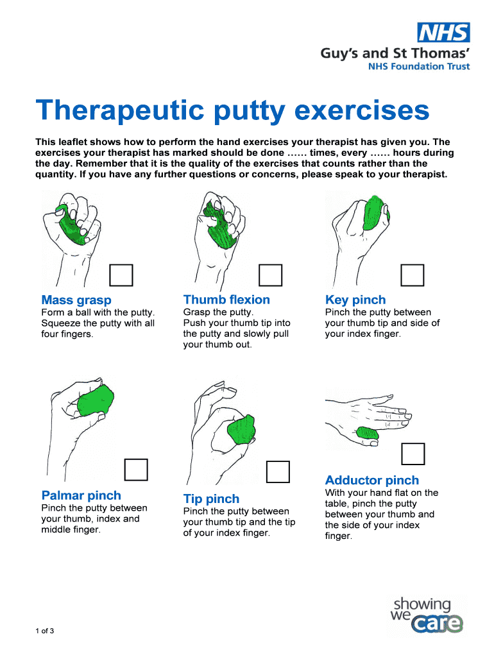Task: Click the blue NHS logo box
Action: click(443, 32)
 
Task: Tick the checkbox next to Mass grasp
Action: click(121, 275)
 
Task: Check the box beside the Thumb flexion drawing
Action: click(270, 275)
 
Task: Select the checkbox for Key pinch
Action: click(413, 275)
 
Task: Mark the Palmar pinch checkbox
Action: click(136, 470)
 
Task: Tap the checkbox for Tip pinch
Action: click(278, 472)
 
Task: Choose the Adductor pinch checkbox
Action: click(413, 454)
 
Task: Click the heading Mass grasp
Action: click(76, 300)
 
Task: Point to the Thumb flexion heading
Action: click(226, 300)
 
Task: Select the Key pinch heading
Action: click(355, 300)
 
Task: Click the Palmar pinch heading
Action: click(81, 495)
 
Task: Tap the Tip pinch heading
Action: click(211, 499)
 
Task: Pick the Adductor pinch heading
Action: click(372, 480)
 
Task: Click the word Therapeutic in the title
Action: click(120, 110)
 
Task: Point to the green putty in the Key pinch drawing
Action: click(375, 213)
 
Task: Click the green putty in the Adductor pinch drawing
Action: click(368, 433)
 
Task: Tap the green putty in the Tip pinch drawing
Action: click(241, 430)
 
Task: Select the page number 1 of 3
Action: click(45, 631)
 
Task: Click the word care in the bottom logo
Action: click(437, 624)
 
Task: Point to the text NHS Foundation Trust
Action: click(419, 66)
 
